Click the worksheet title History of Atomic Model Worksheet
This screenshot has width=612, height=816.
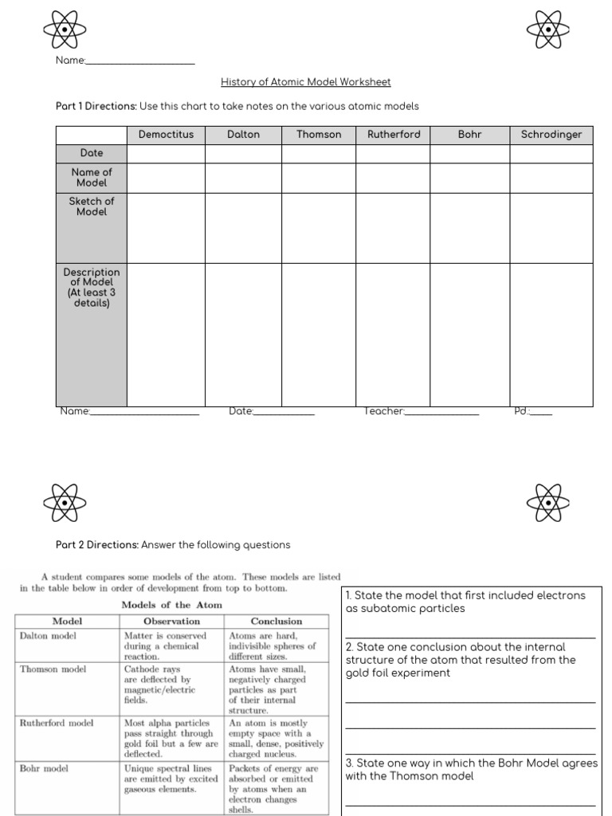(x=305, y=82)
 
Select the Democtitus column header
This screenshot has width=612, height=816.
(x=166, y=135)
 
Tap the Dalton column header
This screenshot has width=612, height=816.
(x=243, y=135)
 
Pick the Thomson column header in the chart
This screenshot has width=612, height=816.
(x=319, y=135)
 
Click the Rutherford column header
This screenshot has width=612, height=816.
(x=393, y=135)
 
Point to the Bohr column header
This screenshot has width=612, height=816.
(x=470, y=135)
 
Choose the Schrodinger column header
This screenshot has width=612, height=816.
(x=551, y=135)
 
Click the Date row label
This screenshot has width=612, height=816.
(x=92, y=153)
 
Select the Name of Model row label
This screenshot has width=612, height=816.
(x=92, y=177)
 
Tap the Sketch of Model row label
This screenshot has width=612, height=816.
(x=92, y=206)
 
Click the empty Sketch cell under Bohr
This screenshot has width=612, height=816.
(x=470, y=228)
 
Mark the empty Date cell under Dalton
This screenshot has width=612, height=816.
(x=243, y=153)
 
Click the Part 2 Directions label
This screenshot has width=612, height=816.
(x=97, y=545)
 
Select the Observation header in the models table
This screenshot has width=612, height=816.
(x=171, y=621)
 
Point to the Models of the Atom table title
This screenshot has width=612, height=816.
(x=171, y=605)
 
